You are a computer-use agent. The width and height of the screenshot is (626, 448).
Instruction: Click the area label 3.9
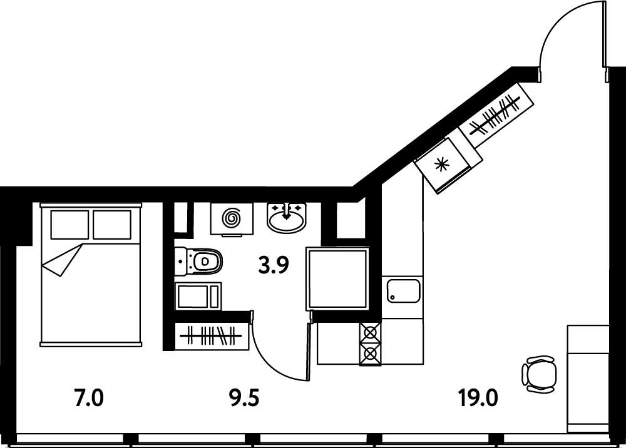(274, 266)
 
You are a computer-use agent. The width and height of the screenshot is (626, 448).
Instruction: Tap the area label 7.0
(89, 398)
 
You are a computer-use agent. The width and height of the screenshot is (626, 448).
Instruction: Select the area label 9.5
(244, 398)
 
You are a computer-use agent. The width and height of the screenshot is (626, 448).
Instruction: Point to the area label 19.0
(478, 398)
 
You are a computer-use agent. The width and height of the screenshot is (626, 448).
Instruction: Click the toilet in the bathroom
(198, 262)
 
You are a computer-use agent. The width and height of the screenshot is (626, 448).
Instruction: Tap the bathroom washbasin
(287, 218)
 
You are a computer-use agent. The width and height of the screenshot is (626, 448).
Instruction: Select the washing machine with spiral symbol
(232, 219)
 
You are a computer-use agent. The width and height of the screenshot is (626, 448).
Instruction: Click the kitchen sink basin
(403, 291)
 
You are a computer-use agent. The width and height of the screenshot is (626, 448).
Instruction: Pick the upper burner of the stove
(371, 332)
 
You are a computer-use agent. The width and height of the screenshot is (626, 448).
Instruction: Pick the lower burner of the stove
(371, 354)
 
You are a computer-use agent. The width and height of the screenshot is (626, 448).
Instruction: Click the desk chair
(539, 374)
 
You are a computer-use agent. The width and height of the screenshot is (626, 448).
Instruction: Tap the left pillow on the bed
(70, 225)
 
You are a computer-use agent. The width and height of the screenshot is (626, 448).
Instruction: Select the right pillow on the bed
(112, 225)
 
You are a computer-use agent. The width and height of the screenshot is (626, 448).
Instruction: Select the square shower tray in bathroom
(337, 278)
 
